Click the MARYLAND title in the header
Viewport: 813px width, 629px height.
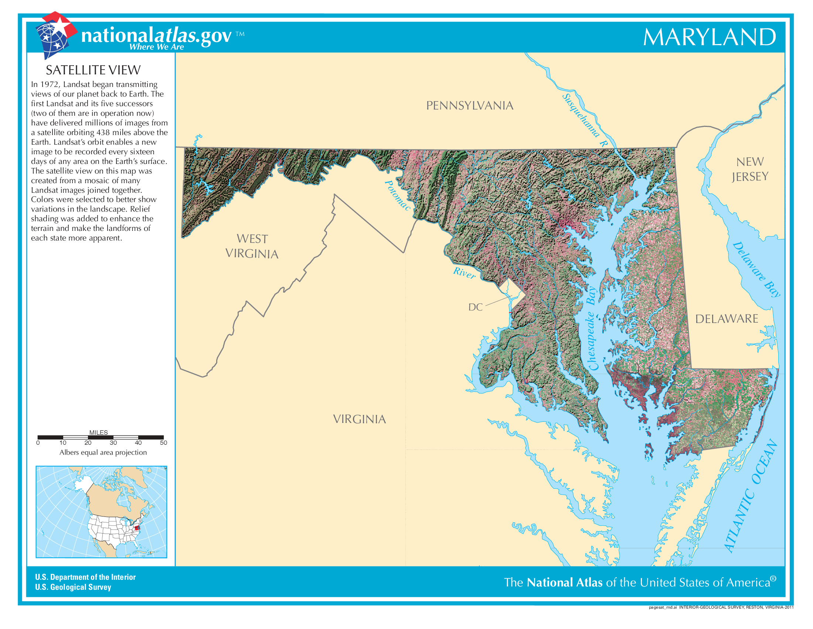(x=709, y=37)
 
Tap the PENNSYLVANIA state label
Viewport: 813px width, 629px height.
(x=469, y=105)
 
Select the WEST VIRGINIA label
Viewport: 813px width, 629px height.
(x=252, y=246)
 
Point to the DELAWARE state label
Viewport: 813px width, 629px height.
(x=726, y=319)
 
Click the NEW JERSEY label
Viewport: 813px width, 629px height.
(x=750, y=169)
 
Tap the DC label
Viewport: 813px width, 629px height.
(x=475, y=307)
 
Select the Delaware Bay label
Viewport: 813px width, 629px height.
(x=756, y=269)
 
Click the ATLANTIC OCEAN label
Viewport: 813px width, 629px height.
(x=751, y=495)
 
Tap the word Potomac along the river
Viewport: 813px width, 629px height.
(x=397, y=196)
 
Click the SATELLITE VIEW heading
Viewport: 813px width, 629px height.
(x=93, y=70)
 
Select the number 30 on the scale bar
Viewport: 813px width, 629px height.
(x=113, y=443)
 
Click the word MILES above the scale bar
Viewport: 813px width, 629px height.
(x=98, y=432)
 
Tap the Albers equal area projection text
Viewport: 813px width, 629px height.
(x=103, y=453)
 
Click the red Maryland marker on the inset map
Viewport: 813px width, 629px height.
(x=137, y=527)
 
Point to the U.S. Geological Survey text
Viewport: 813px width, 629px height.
(x=73, y=587)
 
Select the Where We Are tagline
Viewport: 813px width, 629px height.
(x=156, y=47)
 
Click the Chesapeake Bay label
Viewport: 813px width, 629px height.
(x=591, y=328)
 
